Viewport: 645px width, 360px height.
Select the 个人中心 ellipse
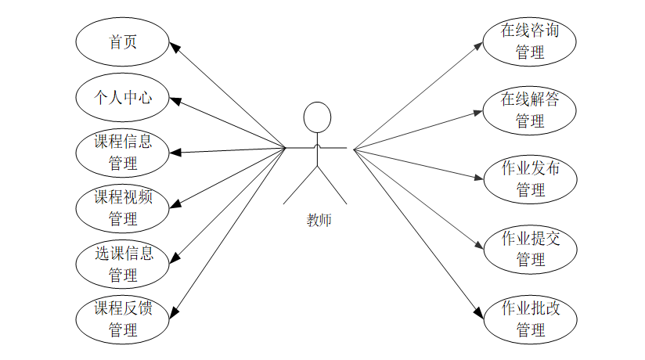pos(122,98)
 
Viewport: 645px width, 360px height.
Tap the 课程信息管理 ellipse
pos(122,153)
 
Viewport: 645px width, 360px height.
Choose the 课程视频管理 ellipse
pos(122,208)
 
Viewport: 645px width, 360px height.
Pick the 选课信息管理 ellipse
pos(122,265)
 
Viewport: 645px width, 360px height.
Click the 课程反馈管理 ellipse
pos(122,319)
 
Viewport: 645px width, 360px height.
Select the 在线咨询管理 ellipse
pos(530,42)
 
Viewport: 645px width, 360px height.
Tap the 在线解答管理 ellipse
pos(530,110)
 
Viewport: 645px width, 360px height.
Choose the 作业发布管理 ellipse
pos(530,179)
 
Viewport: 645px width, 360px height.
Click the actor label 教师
pos(319,220)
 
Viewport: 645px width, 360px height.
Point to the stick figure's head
pos(317,117)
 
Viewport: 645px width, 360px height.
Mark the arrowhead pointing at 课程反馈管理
pos(175,312)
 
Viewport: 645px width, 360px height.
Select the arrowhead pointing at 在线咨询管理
pos(480,46)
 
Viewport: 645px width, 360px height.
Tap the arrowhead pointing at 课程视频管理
pos(175,206)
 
